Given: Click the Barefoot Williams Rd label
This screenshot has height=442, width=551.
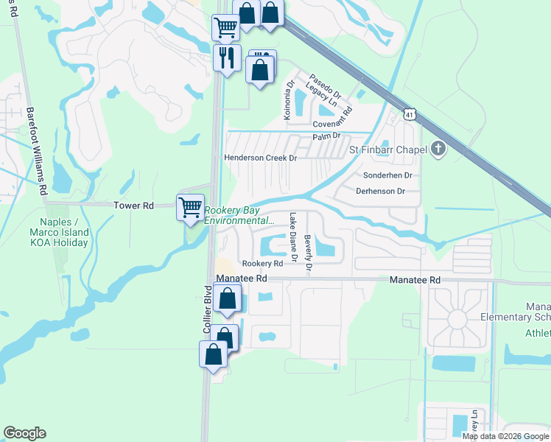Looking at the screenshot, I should [38, 152].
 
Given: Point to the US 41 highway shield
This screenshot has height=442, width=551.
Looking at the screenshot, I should [410, 114].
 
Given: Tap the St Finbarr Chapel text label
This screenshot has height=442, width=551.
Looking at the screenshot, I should [387, 151].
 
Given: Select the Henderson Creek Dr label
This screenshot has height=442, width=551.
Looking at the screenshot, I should [260, 158].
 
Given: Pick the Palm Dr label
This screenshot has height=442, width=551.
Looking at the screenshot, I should [326, 136].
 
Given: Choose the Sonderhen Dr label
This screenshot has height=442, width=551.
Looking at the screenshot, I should [387, 175].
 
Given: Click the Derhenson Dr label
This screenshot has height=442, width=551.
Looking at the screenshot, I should [380, 191].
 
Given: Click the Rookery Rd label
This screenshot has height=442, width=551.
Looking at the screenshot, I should [262, 263].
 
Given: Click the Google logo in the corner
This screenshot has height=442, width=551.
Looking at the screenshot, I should [24, 433].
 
